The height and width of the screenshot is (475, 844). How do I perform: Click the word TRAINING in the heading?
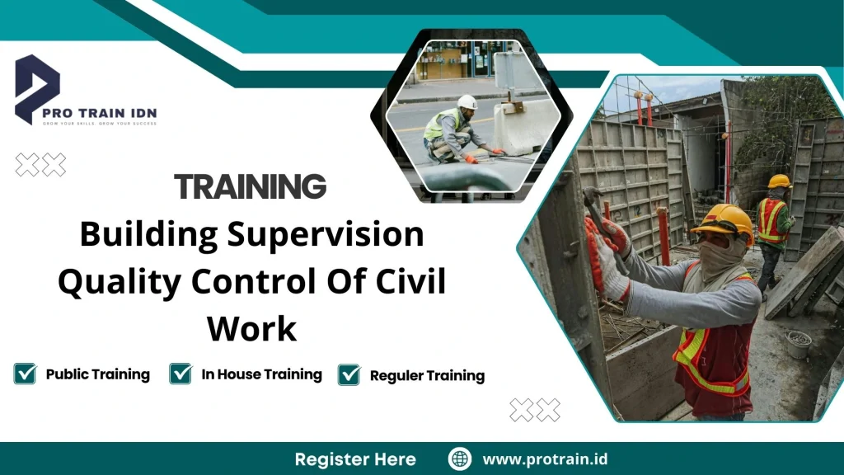click(250, 187)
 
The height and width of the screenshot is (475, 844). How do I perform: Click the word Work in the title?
click(251, 329)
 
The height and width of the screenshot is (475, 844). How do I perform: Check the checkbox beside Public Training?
click(25, 374)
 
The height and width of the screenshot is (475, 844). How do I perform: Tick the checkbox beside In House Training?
click(181, 374)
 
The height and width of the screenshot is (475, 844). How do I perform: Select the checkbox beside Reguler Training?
click(349, 374)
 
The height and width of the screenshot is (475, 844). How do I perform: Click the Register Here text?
click(355, 459)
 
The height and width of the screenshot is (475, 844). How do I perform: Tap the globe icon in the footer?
click(459, 459)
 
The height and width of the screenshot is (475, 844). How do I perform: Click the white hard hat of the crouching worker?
click(467, 102)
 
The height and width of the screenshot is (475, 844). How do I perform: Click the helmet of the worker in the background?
click(779, 181)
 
